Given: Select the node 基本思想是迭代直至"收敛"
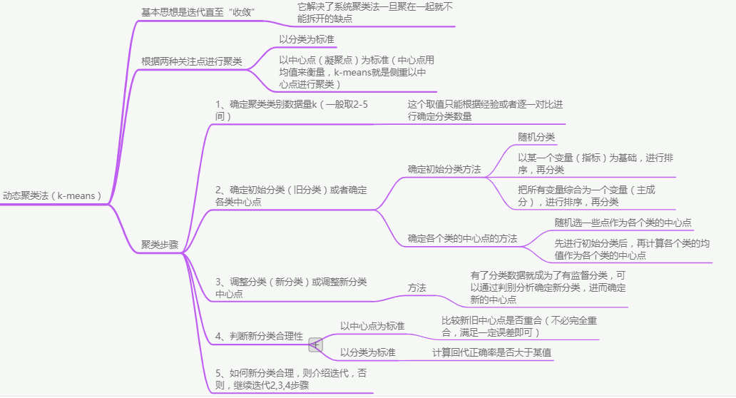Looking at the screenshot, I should coord(198,12).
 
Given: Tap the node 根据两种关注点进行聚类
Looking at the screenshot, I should coord(191,61).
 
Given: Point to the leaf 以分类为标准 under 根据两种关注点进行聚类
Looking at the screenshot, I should coord(307,39).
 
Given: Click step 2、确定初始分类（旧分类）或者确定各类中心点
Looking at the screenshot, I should coord(291,196).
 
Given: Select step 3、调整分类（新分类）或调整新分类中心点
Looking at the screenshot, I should coord(291,287).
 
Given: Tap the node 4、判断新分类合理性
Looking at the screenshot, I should coord(259,336).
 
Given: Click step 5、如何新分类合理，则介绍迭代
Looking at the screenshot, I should coord(291,379).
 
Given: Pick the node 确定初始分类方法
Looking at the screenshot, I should coord(444,170).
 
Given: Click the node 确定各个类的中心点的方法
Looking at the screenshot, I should coord(462,238).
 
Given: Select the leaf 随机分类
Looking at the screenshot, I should coord(536,137).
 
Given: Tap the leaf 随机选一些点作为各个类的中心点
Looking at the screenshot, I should coord(623,223).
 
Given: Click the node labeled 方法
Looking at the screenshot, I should coord(417,287).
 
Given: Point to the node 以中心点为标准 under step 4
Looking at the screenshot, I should coord(372,326).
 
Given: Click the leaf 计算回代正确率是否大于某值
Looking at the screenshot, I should coord(491,352).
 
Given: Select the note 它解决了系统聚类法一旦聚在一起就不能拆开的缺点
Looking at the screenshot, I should coord(374,12).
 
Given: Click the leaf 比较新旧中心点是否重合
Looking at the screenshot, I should coord(518,326).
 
